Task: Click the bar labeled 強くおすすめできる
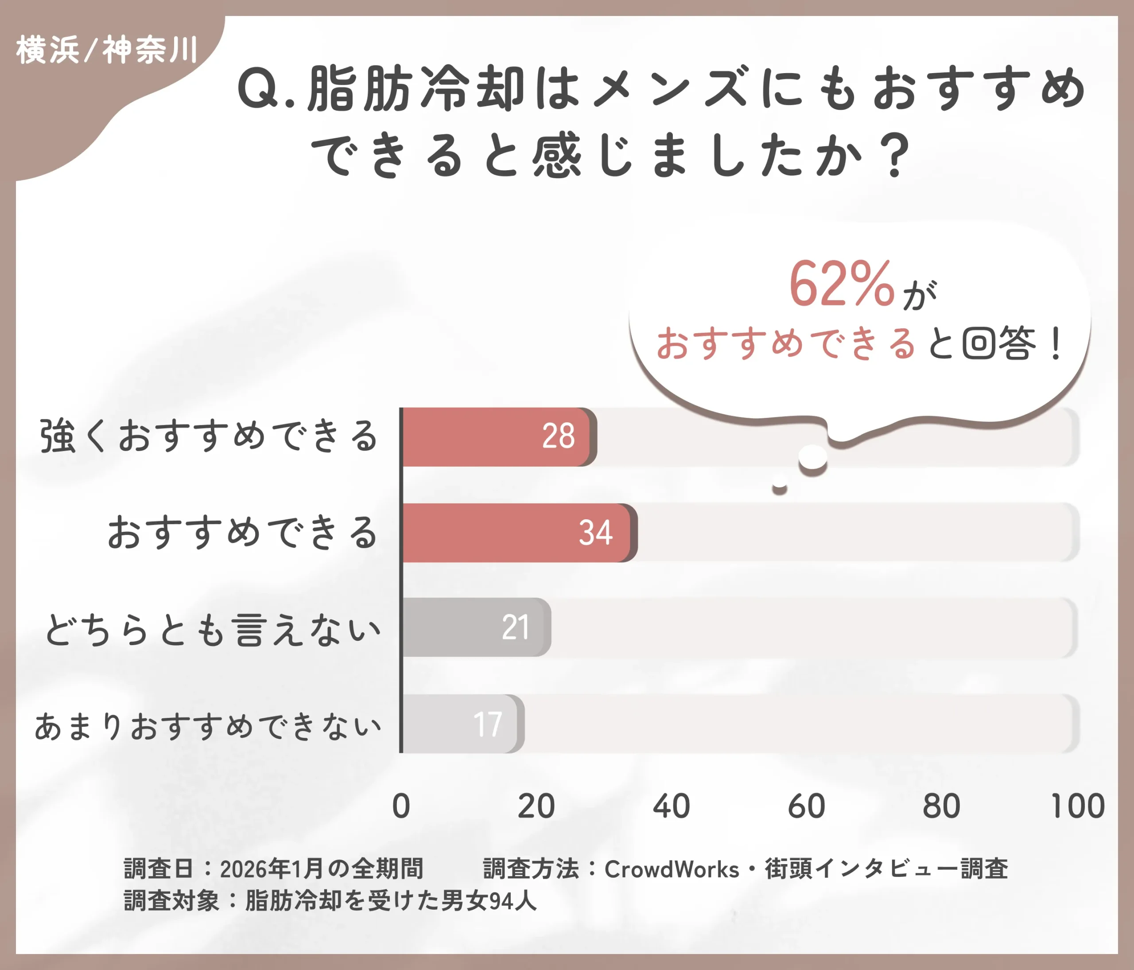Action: coord(495,436)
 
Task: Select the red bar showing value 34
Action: coord(517,533)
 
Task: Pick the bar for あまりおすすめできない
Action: coord(460,724)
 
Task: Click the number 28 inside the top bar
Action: coord(558,436)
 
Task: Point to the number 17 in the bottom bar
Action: coord(487,725)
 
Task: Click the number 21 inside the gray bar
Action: coord(515,627)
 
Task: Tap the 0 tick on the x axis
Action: coord(401,806)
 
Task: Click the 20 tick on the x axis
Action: coord(536,806)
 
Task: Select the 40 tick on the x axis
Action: coord(671,806)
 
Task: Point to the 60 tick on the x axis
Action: coord(806,806)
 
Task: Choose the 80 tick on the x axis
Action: coord(941,806)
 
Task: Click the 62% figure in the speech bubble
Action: coord(841,284)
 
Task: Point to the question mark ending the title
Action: coord(896,156)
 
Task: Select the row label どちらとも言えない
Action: coord(212,630)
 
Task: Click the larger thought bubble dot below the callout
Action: coord(813,457)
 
